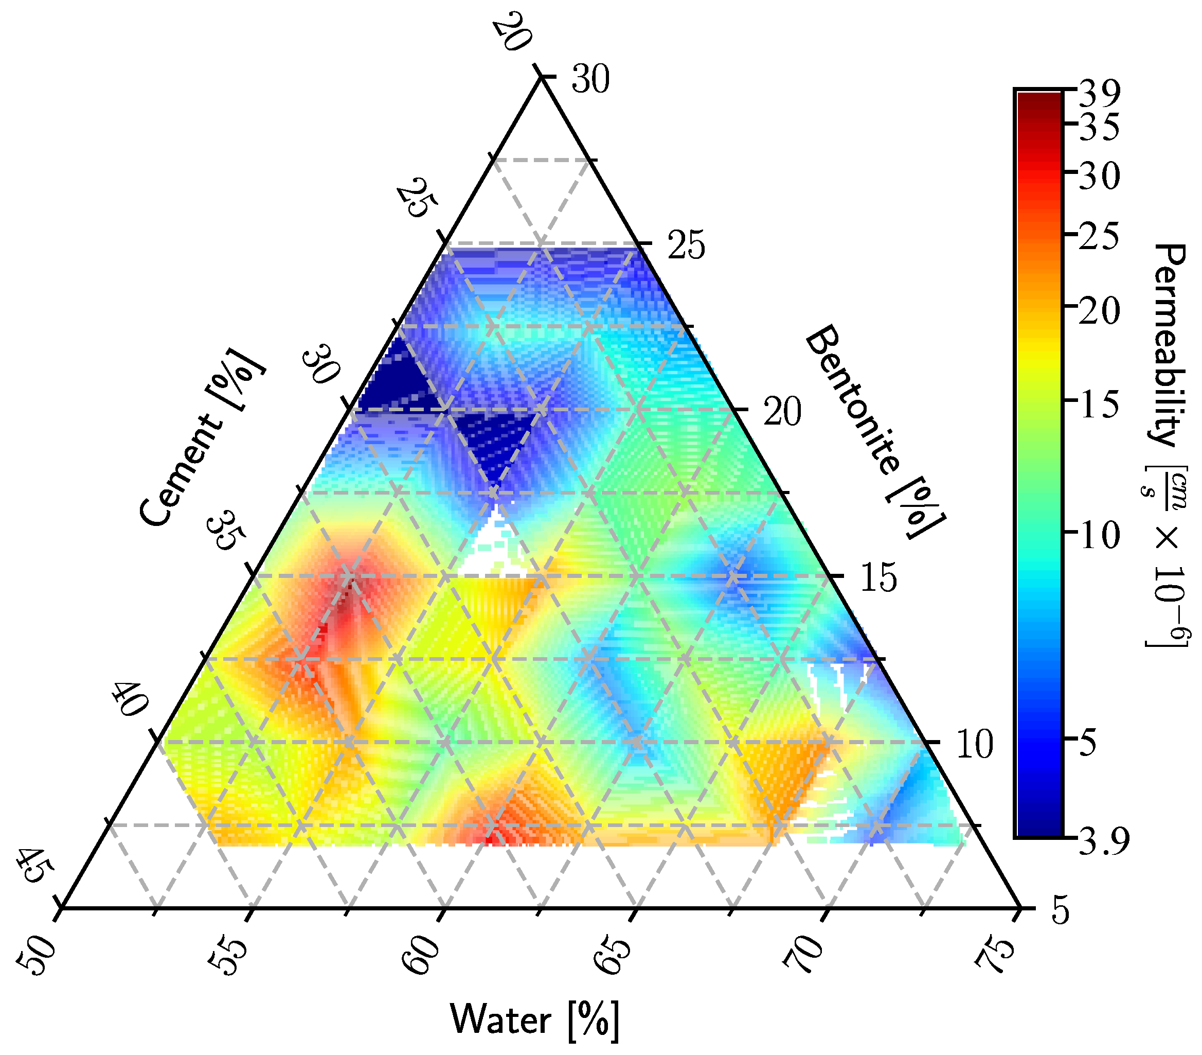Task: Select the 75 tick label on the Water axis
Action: tap(994, 953)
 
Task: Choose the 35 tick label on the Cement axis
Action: tap(227, 530)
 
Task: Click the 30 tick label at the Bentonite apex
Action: tap(591, 79)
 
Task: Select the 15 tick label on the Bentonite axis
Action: tap(878, 578)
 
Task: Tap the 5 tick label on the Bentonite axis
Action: tap(1060, 911)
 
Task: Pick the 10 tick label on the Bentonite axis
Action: tap(975, 744)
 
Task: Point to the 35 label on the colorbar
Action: tap(1099, 129)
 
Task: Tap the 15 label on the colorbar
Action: tap(1099, 406)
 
